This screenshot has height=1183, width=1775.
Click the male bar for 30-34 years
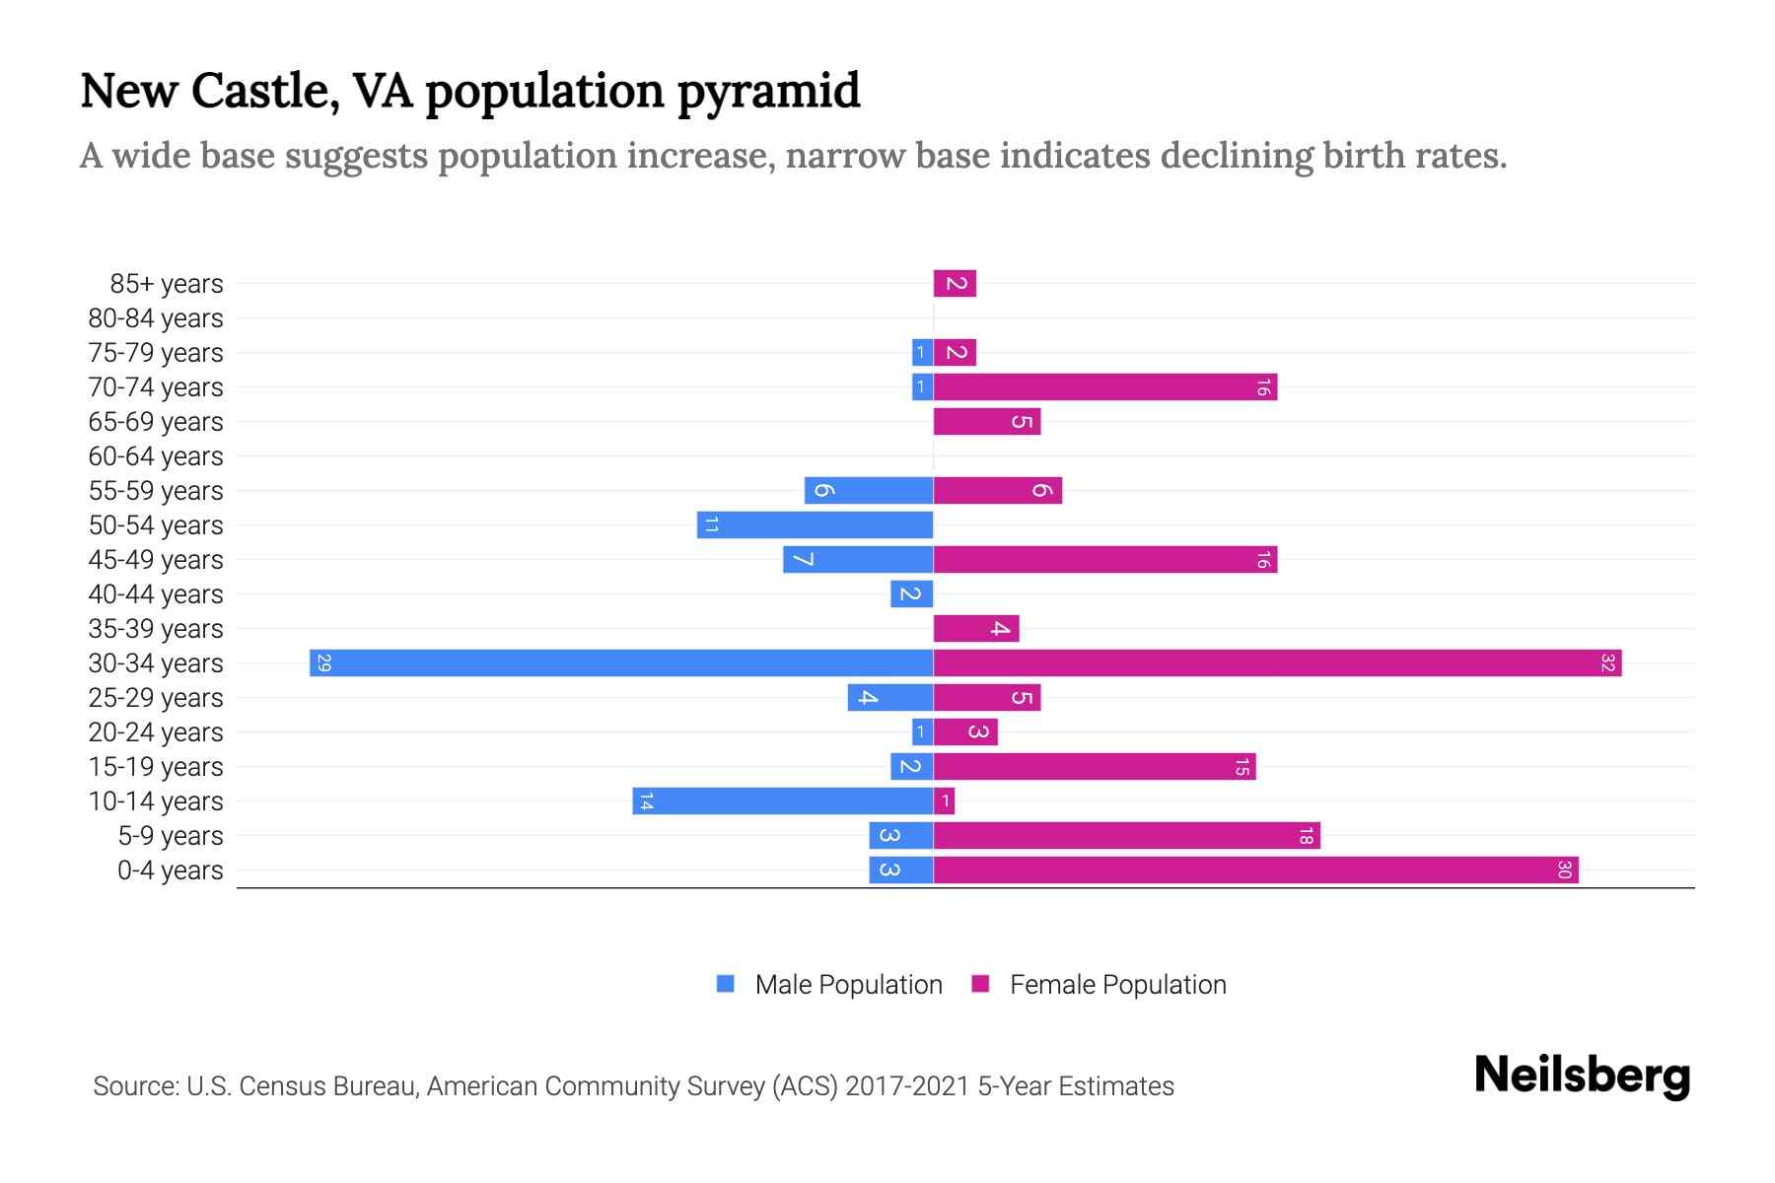coord(621,662)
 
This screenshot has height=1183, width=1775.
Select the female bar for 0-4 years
coord(1255,870)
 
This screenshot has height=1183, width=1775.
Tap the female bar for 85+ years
coord(955,284)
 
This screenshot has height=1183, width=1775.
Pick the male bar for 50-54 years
coord(815,524)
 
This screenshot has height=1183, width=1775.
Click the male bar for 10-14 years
coord(783,800)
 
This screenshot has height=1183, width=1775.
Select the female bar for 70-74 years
coord(1104,387)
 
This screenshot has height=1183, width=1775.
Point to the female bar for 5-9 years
coord(1126,836)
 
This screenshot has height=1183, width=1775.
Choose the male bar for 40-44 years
coord(911,593)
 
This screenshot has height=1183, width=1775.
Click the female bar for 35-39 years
coord(976,628)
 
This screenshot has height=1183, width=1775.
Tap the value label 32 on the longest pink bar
coord(1607,662)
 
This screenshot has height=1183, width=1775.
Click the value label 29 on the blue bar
coord(323,662)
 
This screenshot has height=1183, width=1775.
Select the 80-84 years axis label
coord(156,318)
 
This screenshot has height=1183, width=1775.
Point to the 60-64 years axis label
coord(156,456)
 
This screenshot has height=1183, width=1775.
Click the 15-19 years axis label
coord(156,767)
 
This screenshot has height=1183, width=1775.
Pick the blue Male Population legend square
coord(726,984)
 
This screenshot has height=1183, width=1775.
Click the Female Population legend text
coord(1117,984)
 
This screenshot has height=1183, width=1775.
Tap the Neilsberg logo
coord(1582,1075)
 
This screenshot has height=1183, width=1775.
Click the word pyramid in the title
coord(768,91)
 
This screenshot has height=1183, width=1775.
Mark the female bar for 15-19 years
coord(1095,767)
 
